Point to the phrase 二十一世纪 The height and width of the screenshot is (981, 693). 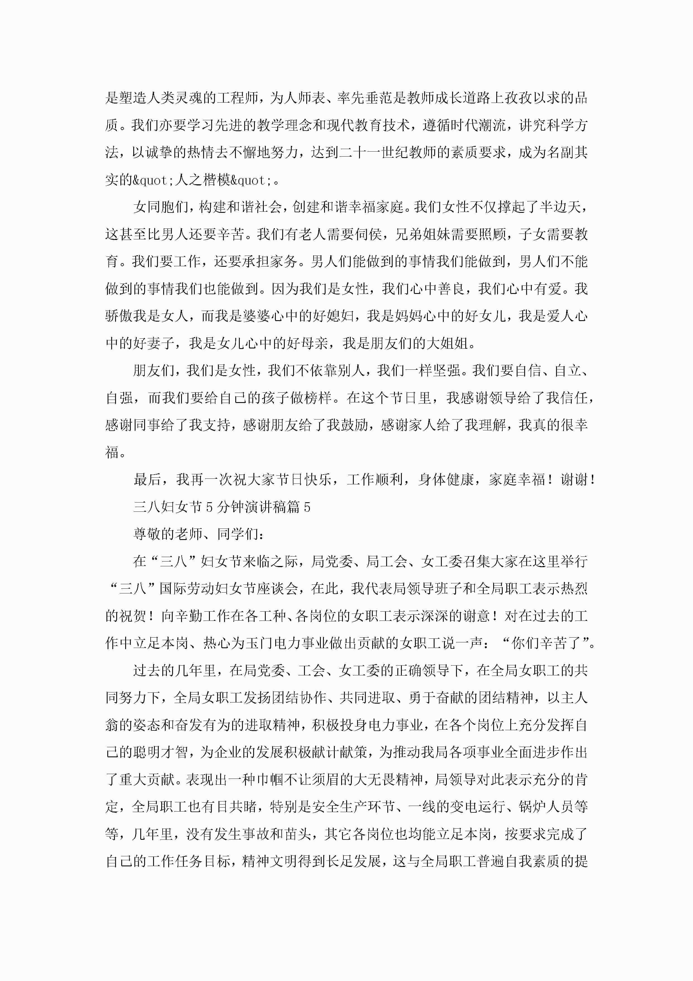(x=374, y=152)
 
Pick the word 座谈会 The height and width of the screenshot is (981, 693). (x=277, y=589)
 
